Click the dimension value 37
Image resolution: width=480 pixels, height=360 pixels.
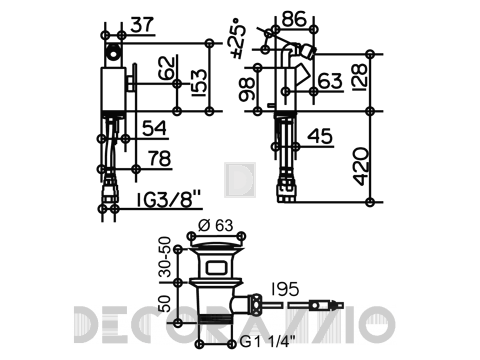(x=142, y=25)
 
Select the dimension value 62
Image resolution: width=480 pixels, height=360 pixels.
(x=166, y=68)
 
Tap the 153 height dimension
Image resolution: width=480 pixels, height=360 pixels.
(x=200, y=83)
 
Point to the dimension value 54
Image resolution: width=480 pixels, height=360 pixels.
(x=154, y=128)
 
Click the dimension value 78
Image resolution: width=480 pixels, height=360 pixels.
(x=159, y=159)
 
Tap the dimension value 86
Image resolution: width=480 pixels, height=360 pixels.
(x=294, y=19)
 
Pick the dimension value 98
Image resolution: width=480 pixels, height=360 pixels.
(x=247, y=90)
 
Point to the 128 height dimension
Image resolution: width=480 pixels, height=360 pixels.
(x=359, y=78)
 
